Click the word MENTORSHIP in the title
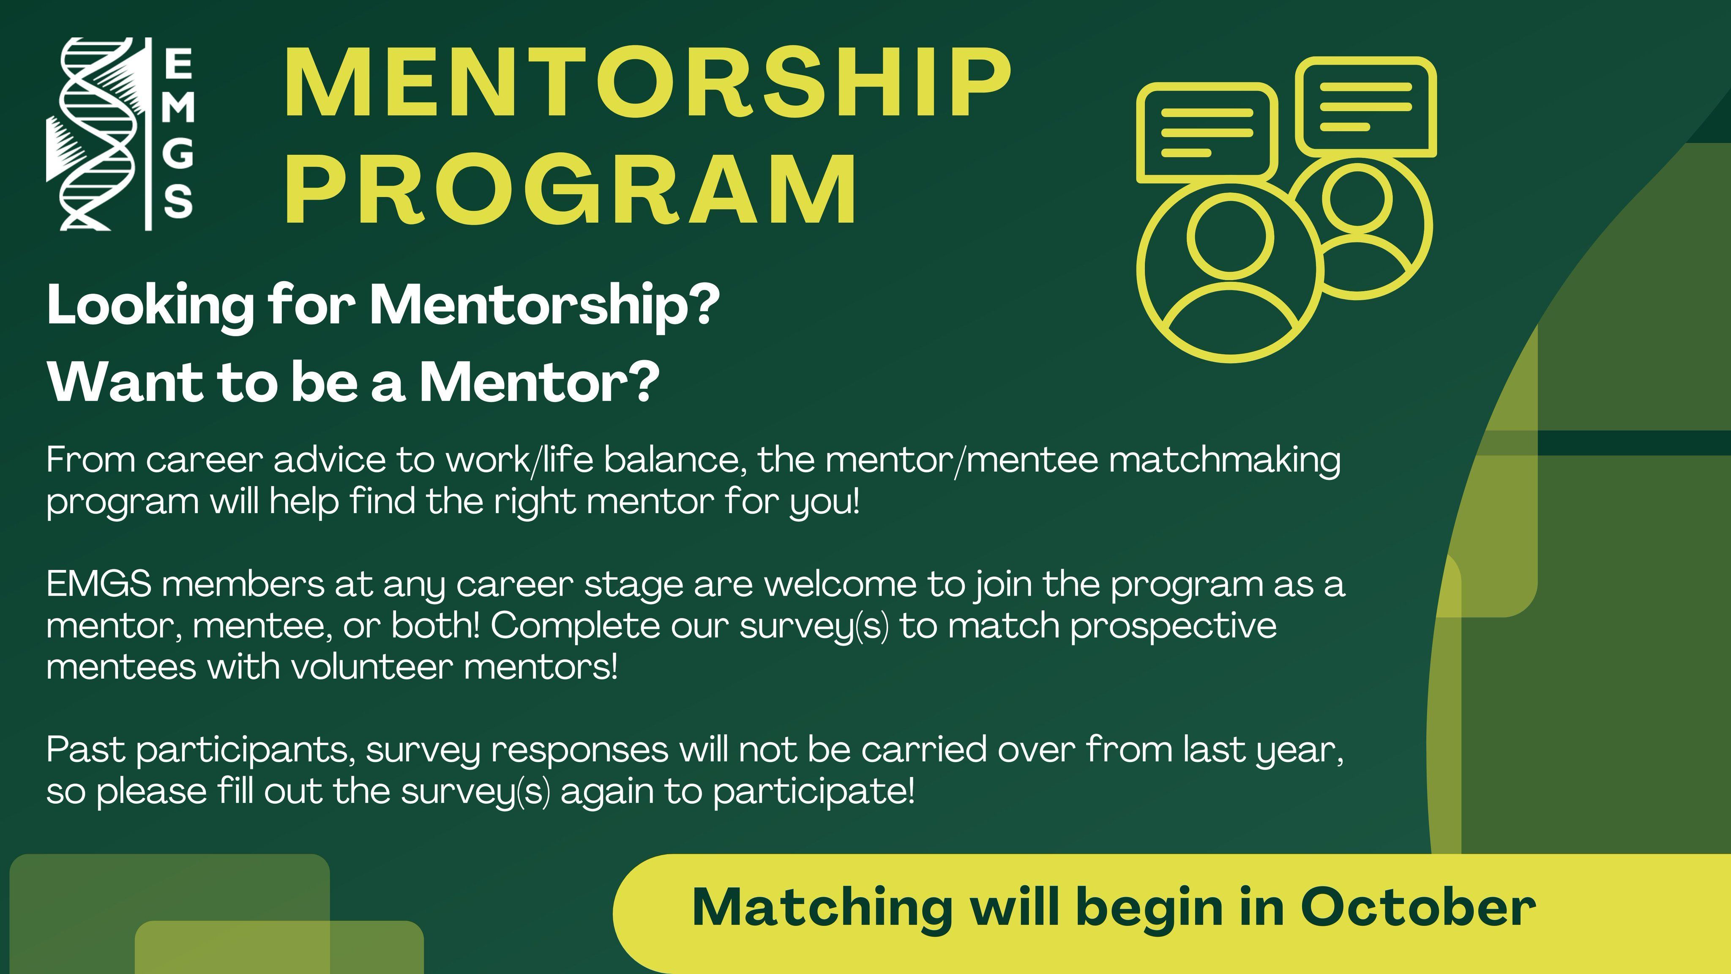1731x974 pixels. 647,83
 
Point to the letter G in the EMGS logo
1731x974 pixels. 178,154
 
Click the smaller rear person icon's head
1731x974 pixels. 1357,200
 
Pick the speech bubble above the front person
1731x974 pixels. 1207,132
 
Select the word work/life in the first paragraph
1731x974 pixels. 519,461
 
